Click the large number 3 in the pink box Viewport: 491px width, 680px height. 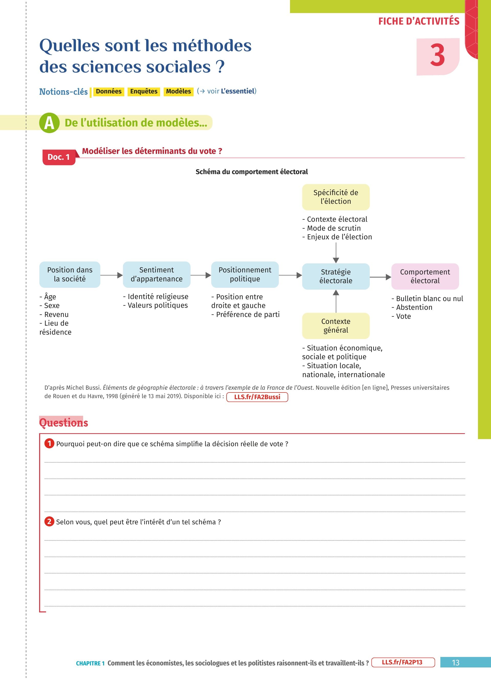click(437, 56)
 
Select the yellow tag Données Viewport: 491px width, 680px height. click(109, 91)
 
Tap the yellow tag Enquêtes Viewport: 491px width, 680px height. click(144, 91)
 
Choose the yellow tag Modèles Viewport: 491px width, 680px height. click(178, 91)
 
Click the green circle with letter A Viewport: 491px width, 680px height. click(49, 123)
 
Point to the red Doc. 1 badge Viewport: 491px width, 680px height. click(59, 157)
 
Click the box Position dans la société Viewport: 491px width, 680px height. click(70, 274)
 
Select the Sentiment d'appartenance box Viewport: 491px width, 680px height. click(157, 274)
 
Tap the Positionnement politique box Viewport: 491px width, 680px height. click(245, 274)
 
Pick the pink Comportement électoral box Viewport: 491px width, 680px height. click(425, 276)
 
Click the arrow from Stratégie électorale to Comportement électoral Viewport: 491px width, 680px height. click(380, 277)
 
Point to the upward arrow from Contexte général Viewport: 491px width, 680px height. click(336, 301)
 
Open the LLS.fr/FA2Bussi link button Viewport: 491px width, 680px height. click(257, 397)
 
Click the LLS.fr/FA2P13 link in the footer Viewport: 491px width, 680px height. click(403, 662)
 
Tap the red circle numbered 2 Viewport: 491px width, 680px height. click(49, 522)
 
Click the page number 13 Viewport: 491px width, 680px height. click(455, 663)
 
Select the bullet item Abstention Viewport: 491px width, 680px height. click(414, 307)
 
